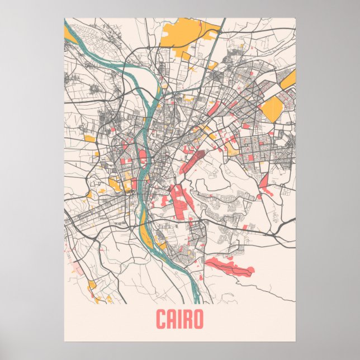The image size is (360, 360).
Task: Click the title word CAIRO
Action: [179, 320]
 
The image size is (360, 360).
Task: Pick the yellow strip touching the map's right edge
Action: [288, 81]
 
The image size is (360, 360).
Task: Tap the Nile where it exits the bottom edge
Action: [195, 299]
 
